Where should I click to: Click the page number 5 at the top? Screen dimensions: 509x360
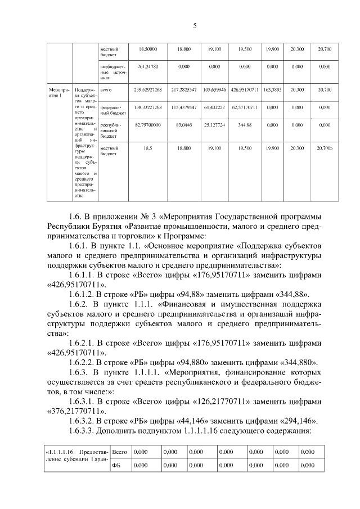click(x=195, y=26)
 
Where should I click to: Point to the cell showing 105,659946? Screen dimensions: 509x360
click(x=214, y=89)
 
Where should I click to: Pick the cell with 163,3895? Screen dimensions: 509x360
click(x=272, y=89)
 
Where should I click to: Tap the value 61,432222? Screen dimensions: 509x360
click(x=214, y=107)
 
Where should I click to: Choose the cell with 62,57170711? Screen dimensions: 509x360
click(x=245, y=107)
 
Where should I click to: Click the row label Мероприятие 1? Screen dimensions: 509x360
click(x=58, y=93)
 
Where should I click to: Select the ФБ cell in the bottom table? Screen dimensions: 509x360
click(x=116, y=465)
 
